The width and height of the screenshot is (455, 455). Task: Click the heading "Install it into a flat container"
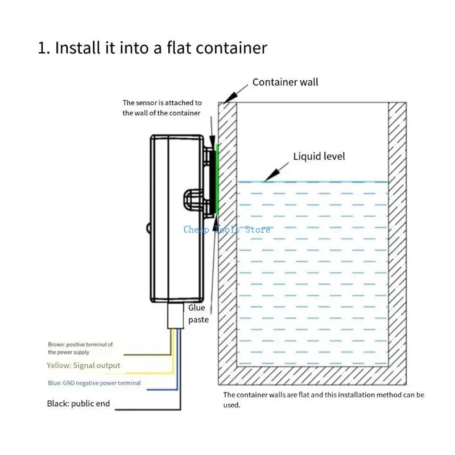152,48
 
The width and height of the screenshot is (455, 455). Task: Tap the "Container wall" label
285,82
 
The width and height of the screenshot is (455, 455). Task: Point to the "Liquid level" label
318,156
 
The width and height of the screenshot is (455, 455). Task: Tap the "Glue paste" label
198,313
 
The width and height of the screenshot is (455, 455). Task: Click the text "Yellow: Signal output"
84,365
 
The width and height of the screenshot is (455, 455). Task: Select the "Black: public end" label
78,404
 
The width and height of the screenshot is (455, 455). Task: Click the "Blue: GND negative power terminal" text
94,383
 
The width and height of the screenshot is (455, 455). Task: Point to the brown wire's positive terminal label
80,348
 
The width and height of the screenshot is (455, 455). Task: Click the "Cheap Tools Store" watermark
227,230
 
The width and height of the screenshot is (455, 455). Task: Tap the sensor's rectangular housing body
176,219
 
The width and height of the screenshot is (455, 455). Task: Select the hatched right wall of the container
398,239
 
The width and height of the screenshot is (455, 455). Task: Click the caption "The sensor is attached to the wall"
162,107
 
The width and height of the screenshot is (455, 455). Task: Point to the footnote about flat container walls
323,399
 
